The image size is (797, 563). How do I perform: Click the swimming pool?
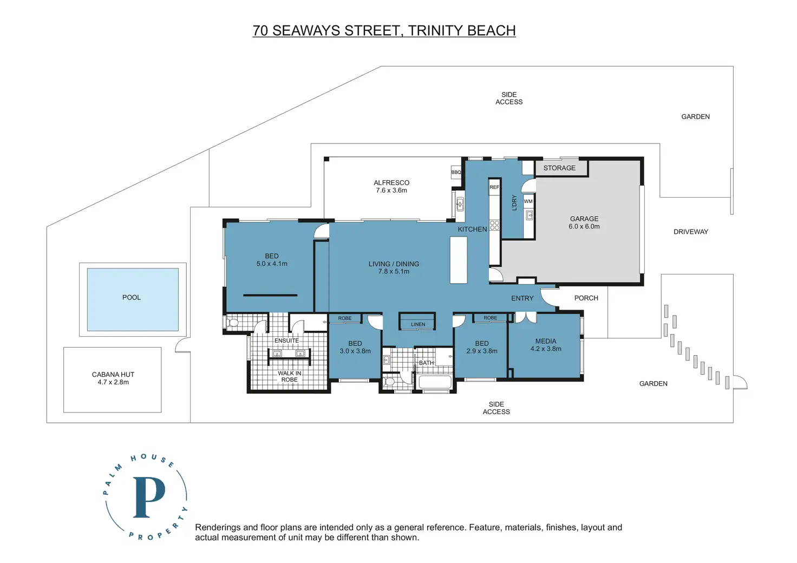point(133,299)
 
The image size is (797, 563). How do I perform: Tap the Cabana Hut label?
point(113,378)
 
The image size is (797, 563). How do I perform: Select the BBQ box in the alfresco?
point(456,172)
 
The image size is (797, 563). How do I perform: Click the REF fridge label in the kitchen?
point(494,187)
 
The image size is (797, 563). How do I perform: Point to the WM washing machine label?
point(528,201)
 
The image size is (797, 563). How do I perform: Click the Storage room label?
point(559,168)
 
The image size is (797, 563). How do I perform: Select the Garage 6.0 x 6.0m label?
point(584,222)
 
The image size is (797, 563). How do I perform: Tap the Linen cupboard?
point(417,321)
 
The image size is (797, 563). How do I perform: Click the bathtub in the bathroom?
point(435,382)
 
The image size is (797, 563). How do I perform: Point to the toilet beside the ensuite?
point(232,323)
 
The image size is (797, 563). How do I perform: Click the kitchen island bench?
point(459,260)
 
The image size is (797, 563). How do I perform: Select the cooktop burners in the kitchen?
point(494,225)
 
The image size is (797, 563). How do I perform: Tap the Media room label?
point(546,345)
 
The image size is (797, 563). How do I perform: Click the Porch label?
point(586,298)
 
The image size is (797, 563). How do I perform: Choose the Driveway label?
point(691,232)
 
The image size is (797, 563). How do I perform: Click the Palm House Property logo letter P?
point(149,497)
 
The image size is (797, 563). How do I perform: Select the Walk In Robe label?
point(289,376)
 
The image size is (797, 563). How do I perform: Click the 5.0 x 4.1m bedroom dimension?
point(272,264)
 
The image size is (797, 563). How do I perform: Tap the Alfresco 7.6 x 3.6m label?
point(391,186)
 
